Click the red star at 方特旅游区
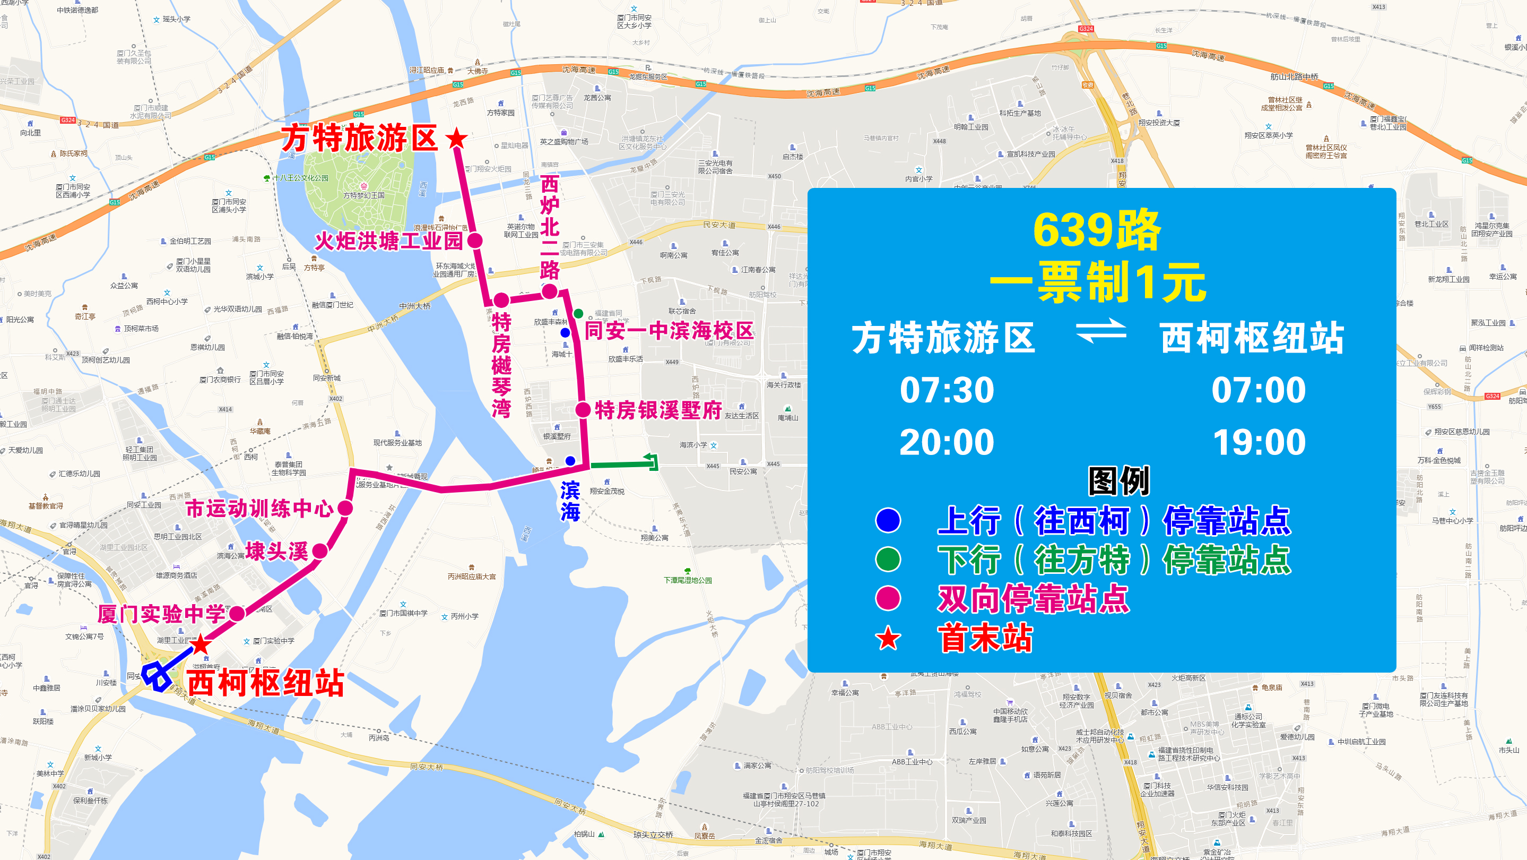point(456,139)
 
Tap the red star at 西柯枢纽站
point(201,644)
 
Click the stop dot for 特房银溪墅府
point(583,410)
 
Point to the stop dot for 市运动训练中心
point(345,508)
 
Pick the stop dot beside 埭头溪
point(320,551)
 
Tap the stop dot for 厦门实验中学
point(237,614)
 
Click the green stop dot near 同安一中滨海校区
point(578,313)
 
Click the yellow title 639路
point(1097,230)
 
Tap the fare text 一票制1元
point(1098,283)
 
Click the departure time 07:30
point(947,390)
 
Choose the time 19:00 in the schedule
point(1259,442)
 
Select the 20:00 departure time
point(947,442)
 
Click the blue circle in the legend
point(888,521)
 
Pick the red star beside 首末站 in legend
point(888,639)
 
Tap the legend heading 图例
point(1118,480)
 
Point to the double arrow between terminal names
point(1101,332)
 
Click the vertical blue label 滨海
point(570,501)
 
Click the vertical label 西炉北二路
point(550,228)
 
